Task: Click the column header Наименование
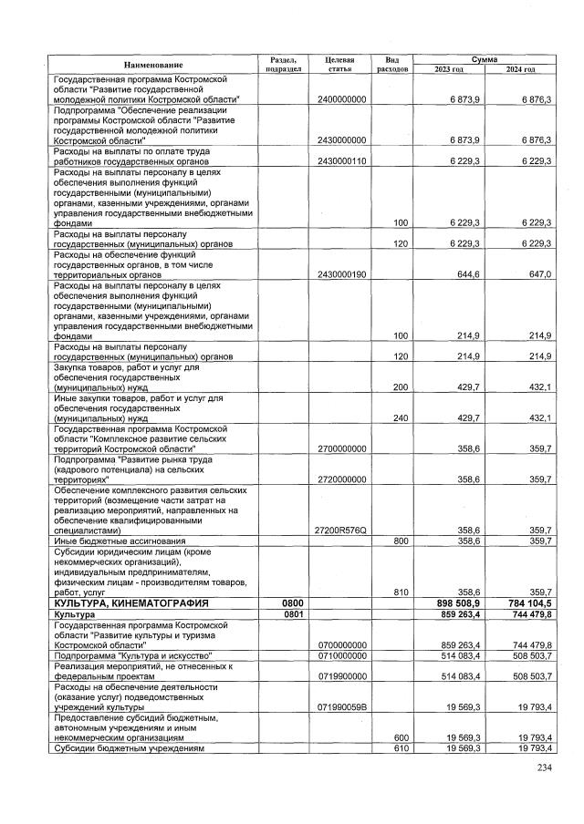coord(154,64)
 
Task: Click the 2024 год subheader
coord(522,69)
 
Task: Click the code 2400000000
coord(341,98)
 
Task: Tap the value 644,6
coord(469,274)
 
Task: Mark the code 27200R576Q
coord(341,530)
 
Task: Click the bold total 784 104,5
coord(527,603)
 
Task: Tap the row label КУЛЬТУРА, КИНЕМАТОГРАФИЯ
coord(131,603)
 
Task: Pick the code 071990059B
coord(341,706)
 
